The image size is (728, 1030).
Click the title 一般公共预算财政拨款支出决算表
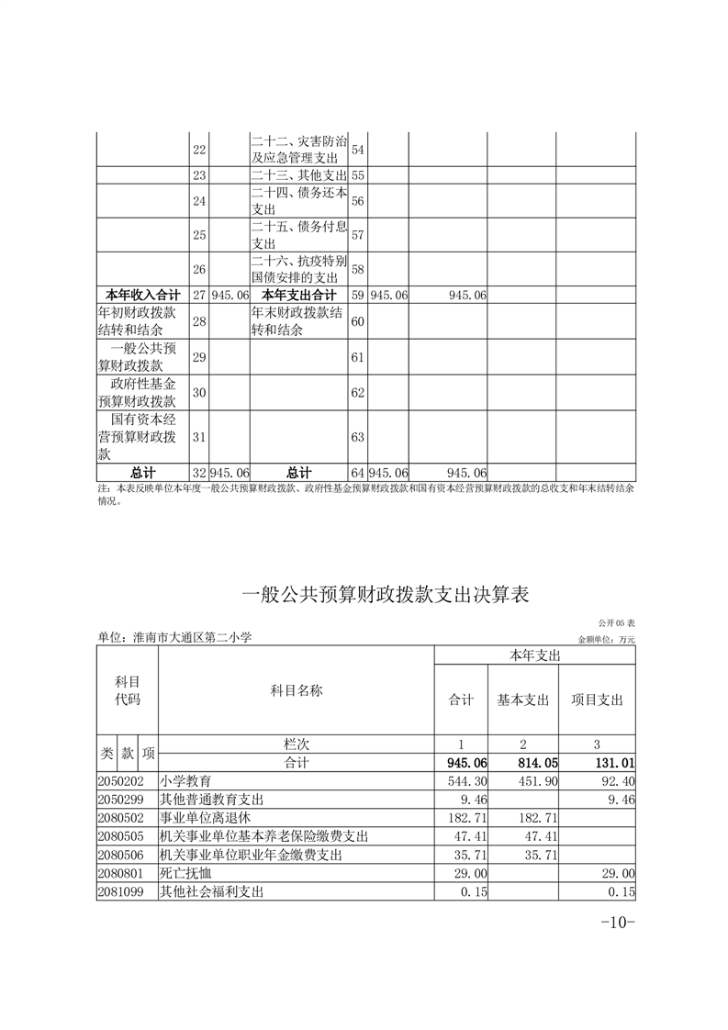386,595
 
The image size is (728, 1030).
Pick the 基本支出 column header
522,700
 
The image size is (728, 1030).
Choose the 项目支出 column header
597,700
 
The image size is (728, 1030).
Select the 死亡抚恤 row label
180,872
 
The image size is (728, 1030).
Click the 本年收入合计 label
142,295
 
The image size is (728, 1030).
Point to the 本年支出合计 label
298,295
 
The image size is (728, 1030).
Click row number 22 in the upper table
199,149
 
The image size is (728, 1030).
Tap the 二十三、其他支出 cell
298,175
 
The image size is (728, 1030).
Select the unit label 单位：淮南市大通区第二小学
174,637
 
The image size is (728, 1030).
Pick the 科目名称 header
296,689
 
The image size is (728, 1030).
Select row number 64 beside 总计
358,473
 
